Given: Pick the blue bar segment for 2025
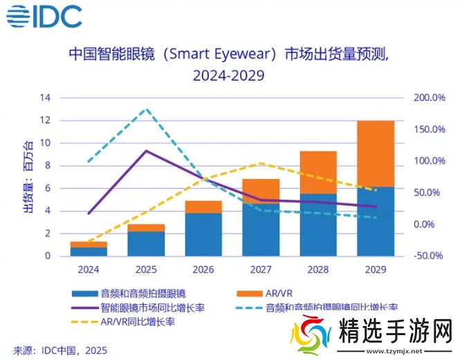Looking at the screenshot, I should [x=145, y=243].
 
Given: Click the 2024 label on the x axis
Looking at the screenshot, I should [x=89, y=269].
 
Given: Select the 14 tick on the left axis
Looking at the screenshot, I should [x=45, y=98].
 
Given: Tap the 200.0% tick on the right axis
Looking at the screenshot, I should [x=429, y=98].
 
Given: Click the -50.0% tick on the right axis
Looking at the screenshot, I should [x=429, y=256].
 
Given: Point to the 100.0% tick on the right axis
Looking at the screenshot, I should [x=429, y=161].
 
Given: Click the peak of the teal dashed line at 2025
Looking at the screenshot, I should [x=145, y=109].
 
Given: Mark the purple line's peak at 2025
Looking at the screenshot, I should [x=145, y=151].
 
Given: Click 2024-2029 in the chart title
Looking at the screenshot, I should [x=228, y=74].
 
